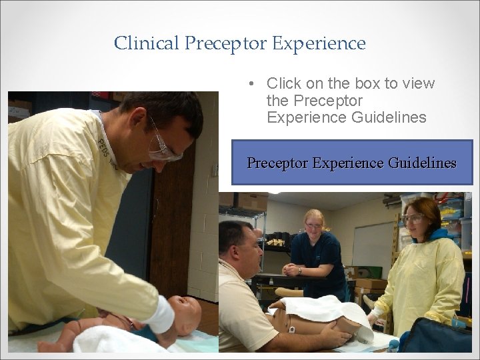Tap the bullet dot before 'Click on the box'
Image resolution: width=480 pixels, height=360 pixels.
[x=250, y=84]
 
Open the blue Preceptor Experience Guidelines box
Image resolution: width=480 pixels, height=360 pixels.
[x=351, y=163]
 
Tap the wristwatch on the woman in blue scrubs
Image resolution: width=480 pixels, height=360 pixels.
[x=300, y=271]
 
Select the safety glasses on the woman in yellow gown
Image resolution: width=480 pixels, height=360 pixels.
[x=414, y=219]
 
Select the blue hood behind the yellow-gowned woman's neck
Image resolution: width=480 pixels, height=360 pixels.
[x=437, y=235]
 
